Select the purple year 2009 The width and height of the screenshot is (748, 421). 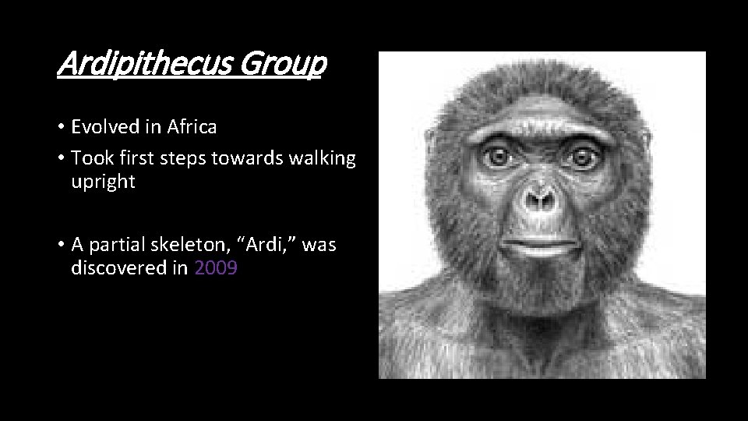(216, 269)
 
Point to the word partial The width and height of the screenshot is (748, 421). (116, 245)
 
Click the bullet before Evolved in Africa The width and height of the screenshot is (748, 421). (60, 127)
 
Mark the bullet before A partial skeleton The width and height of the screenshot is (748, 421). (60, 246)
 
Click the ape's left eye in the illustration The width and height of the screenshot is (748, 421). (579, 157)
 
